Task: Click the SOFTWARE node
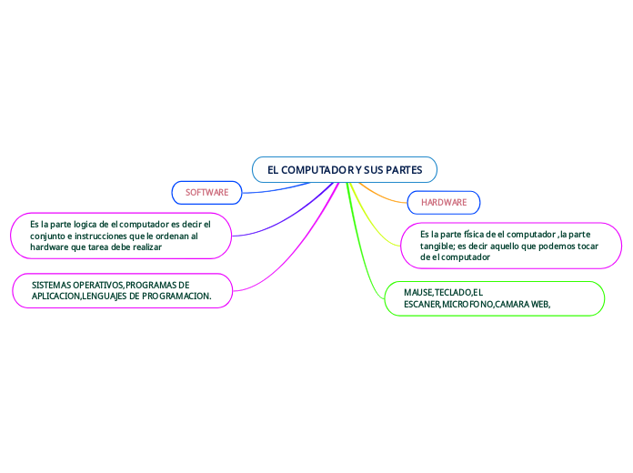tap(206, 193)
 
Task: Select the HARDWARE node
tap(444, 202)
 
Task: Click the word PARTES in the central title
tap(404, 170)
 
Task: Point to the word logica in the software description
tap(85, 225)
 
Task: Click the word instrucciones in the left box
tap(101, 236)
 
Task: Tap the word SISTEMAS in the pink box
tap(51, 286)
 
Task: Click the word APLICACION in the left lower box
tap(56, 296)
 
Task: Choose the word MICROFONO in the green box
tap(467, 304)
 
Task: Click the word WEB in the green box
tap(539, 304)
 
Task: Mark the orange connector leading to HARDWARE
tap(381, 196)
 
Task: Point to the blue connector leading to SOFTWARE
tap(276, 189)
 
